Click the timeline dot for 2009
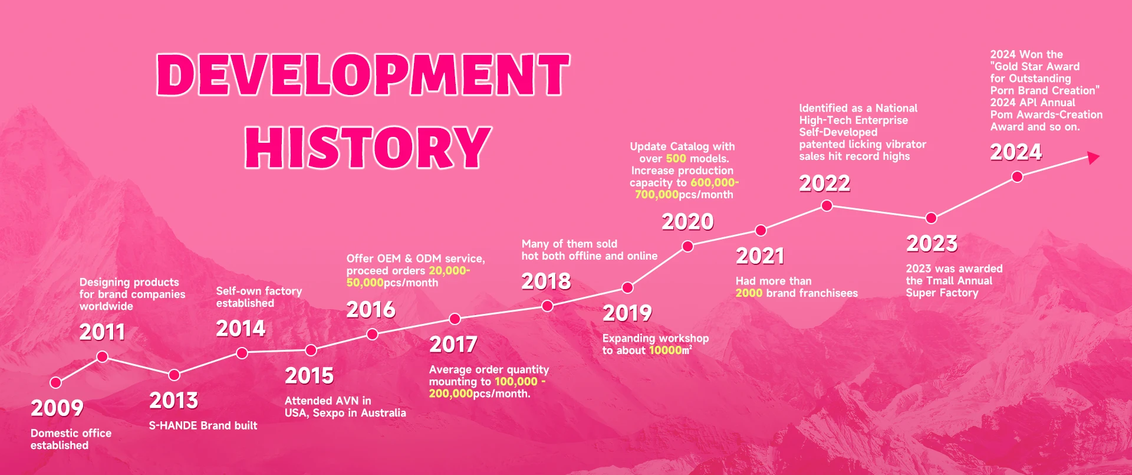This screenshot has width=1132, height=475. tap(56, 382)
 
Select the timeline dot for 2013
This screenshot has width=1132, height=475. tap(174, 375)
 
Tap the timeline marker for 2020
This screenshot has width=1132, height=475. tap(687, 247)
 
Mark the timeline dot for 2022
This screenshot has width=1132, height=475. tap(827, 205)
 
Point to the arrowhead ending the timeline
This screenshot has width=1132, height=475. tap(1093, 158)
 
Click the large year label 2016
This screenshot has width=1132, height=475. tap(371, 310)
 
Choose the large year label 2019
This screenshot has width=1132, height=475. tap(627, 313)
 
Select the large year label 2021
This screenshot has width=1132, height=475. tap(761, 256)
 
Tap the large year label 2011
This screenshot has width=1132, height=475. tap(103, 332)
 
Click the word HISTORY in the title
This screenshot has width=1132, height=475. tap(368, 147)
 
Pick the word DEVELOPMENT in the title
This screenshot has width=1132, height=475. tap(363, 74)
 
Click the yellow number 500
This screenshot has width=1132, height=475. tap(676, 158)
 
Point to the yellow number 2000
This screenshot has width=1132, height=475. tap(749, 293)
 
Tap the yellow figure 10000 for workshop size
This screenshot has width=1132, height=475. tap(666, 350)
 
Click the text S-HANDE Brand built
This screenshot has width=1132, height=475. tap(203, 425)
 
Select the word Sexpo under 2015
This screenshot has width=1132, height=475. tap(329, 413)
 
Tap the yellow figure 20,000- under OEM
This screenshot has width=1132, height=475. tap(449, 270)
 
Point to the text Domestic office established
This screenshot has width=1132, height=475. tap(71, 439)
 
